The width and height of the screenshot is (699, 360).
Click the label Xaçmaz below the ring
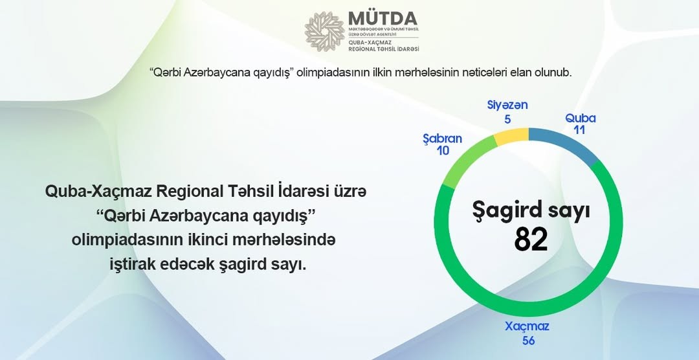[x=528, y=327]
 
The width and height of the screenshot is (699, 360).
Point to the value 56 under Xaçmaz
[x=528, y=340]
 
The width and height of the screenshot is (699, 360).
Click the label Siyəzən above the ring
[x=507, y=106]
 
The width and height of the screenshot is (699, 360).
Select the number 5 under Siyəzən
[x=507, y=119]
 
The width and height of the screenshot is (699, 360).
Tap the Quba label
[x=581, y=118]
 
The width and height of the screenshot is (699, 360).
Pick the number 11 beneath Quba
[x=581, y=130]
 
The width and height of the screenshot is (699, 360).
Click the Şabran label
[x=442, y=139]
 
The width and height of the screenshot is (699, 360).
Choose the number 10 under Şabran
[x=442, y=151]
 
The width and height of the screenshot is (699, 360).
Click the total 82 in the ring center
[x=531, y=240]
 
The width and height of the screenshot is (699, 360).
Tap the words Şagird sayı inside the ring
[x=531, y=211]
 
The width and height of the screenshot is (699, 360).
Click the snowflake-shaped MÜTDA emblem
[x=325, y=31]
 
